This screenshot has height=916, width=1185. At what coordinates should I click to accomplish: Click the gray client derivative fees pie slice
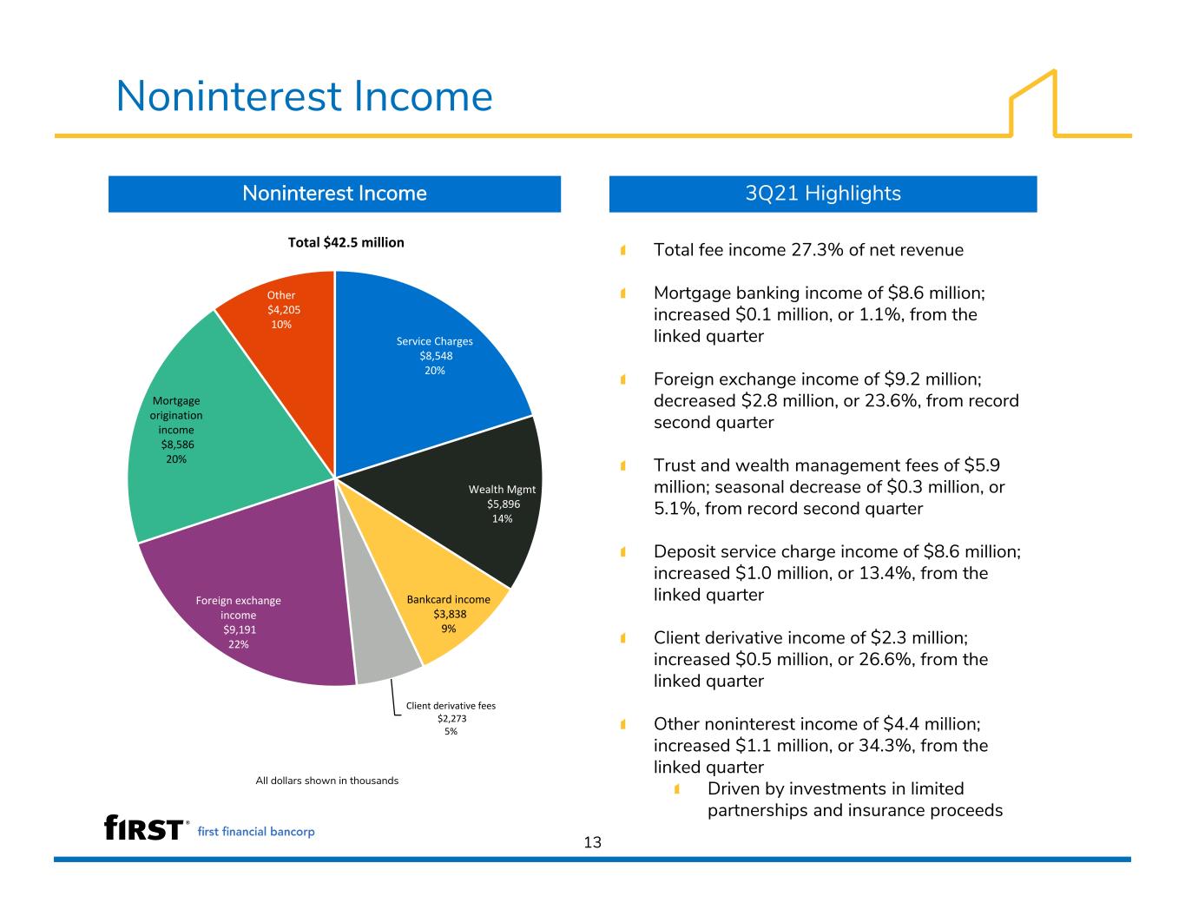(x=376, y=627)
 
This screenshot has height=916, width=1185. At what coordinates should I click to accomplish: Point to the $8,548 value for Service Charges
(x=436, y=356)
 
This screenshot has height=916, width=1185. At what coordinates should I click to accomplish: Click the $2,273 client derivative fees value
(x=451, y=718)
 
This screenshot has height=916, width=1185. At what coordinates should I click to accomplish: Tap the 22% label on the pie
(x=239, y=644)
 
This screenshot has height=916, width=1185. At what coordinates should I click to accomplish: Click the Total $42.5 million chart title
(x=346, y=242)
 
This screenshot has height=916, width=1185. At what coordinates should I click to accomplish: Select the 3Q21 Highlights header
(x=823, y=194)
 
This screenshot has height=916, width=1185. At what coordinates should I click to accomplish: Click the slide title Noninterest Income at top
(x=305, y=96)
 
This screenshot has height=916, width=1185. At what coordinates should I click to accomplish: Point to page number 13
(x=592, y=842)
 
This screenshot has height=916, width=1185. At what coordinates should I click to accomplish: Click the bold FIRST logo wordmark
(x=143, y=827)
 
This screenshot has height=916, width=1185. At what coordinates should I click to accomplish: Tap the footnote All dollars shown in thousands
(x=327, y=781)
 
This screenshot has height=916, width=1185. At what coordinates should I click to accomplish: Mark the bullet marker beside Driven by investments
(x=677, y=789)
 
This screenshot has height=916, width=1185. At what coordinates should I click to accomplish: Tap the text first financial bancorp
(x=256, y=832)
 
